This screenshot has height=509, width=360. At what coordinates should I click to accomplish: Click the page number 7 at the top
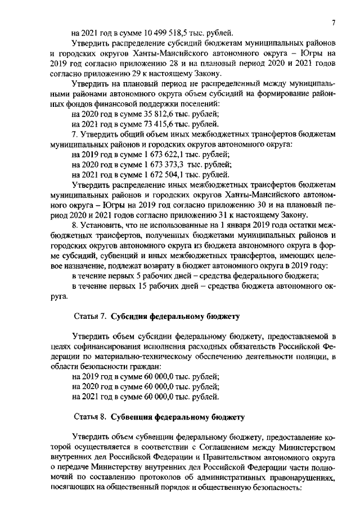(x=333, y=22)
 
